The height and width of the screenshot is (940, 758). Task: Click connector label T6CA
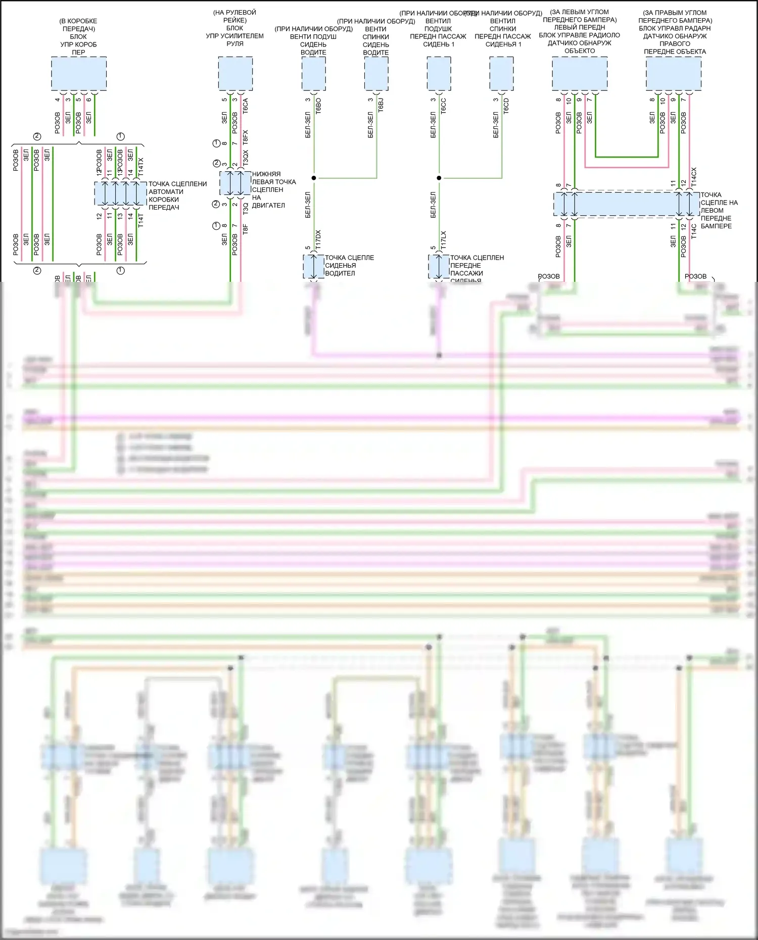(x=246, y=106)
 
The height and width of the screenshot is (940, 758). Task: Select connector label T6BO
(x=318, y=106)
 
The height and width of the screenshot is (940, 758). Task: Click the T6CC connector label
(x=444, y=106)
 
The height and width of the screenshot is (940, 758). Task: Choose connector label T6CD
(x=506, y=106)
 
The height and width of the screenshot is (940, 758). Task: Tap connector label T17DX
(x=318, y=239)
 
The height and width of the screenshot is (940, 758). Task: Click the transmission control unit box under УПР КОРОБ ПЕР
(x=79, y=74)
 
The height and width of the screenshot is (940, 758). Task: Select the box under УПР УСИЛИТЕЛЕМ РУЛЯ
(x=235, y=74)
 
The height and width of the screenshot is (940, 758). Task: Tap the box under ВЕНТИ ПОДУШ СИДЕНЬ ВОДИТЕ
(x=313, y=74)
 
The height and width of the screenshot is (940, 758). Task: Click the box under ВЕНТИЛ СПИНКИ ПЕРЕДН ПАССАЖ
(x=502, y=74)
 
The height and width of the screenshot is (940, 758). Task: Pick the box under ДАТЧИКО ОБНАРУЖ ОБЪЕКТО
(x=580, y=74)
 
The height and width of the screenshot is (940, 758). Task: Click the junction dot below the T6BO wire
(x=314, y=178)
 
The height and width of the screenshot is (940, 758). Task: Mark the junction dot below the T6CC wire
(x=439, y=178)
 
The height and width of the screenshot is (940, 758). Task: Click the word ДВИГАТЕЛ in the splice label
(x=268, y=206)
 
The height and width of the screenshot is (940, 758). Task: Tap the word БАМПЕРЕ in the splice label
(x=716, y=226)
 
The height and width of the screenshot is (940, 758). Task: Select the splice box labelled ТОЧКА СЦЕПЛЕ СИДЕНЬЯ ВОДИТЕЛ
(x=314, y=266)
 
